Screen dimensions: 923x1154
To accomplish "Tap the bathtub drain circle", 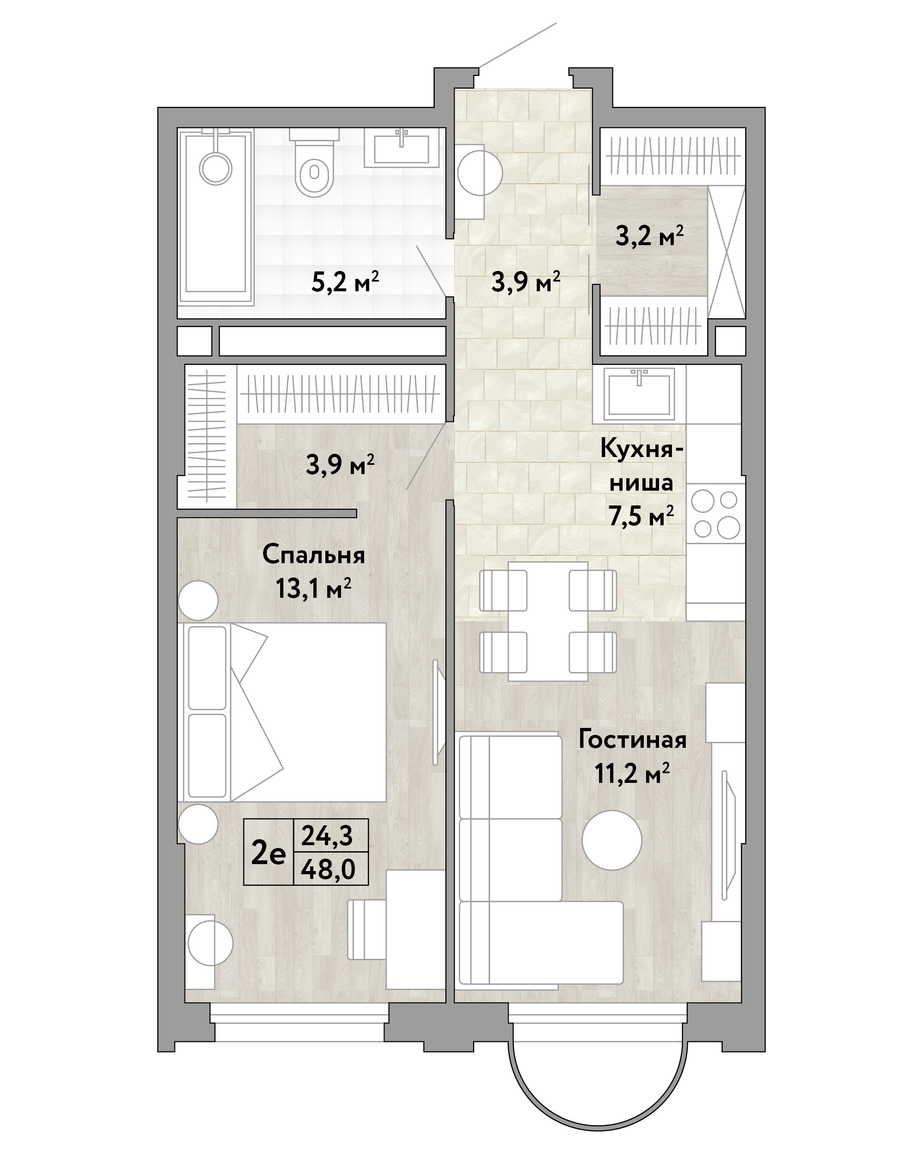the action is pyautogui.click(x=216, y=168).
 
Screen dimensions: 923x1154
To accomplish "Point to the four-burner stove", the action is pyautogui.click(x=715, y=514).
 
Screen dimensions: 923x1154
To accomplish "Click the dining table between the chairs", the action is pyautogui.click(x=548, y=621).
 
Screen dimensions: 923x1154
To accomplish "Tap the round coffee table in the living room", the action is pyautogui.click(x=612, y=840).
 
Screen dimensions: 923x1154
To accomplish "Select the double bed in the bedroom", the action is pyautogui.click(x=282, y=712).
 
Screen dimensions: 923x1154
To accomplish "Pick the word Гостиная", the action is pyautogui.click(x=632, y=740).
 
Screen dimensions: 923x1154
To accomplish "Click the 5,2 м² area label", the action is pyautogui.click(x=345, y=282).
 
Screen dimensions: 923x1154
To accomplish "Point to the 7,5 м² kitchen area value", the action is pyautogui.click(x=641, y=517).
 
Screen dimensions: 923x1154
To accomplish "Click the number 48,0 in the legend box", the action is pyautogui.click(x=328, y=869).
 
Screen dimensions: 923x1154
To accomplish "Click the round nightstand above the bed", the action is pyautogui.click(x=198, y=601).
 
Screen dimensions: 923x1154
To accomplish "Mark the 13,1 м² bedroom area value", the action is pyautogui.click(x=313, y=589).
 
